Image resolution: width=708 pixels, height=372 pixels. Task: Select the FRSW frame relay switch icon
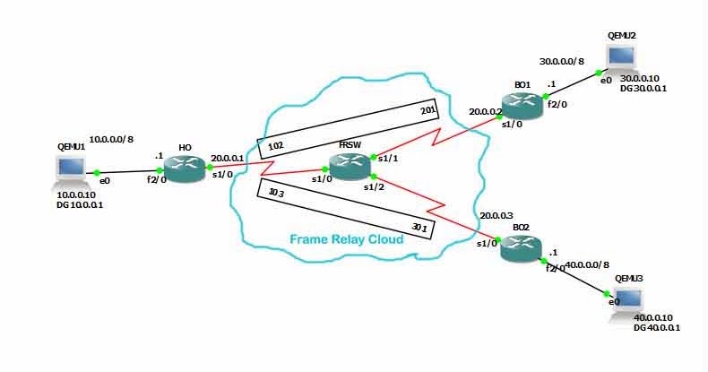[350, 166]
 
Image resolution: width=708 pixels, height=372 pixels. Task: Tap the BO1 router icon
[522, 106]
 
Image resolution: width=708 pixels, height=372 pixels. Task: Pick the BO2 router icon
[521, 248]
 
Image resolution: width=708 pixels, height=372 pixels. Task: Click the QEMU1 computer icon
[70, 171]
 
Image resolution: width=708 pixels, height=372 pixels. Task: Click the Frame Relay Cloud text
[346, 238]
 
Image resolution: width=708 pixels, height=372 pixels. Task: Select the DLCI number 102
[275, 146]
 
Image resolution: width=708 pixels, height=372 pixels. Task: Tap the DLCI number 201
[428, 109]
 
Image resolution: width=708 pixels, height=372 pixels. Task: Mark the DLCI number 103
[276, 193]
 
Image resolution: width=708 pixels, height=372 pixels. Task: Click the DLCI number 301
[419, 228]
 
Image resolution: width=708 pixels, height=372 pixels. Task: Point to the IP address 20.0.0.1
[227, 159]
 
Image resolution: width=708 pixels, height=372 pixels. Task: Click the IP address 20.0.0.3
[496, 216]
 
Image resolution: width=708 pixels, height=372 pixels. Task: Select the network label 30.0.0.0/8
[562, 61]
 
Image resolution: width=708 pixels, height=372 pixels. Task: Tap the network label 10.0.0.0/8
[111, 140]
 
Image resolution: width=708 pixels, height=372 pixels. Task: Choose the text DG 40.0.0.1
[657, 328]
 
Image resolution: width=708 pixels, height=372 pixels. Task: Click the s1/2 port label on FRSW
[374, 187]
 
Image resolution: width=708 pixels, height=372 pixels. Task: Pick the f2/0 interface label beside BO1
[557, 104]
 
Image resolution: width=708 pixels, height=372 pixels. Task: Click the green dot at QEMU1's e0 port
[97, 172]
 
